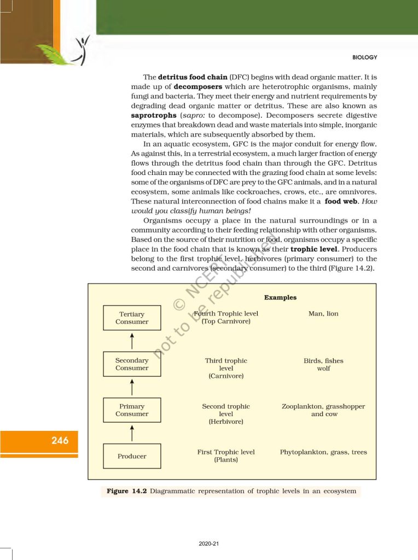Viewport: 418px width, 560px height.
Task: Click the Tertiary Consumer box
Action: coord(132,318)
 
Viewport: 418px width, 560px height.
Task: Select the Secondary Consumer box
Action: coord(132,364)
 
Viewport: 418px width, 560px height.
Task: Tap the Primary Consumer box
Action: coord(132,410)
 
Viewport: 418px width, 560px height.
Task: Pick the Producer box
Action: coord(132,456)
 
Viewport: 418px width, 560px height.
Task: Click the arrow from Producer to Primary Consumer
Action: coord(132,434)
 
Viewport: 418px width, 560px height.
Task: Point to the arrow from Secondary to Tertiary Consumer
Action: coord(132,341)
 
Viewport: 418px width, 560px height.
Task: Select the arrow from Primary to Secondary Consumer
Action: coord(132,387)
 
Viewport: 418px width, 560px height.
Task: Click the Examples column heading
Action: coord(280,297)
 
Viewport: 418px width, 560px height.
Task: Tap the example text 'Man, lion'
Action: coord(323,313)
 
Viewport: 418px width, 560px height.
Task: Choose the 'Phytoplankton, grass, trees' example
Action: coord(323,452)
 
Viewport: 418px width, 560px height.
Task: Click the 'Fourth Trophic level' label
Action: coord(226,313)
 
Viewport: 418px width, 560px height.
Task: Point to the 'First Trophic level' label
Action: coord(226,452)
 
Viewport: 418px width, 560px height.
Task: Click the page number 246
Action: coord(60,440)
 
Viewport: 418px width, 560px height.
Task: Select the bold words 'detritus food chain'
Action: coord(189,77)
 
